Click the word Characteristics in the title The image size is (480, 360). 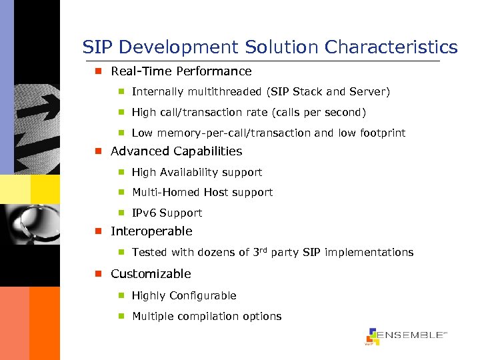point(391,47)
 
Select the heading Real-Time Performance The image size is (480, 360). point(181,71)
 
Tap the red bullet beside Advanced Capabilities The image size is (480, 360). point(97,151)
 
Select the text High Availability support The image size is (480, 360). point(197,173)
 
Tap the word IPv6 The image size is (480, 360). point(144,213)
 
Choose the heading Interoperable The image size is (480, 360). point(151,231)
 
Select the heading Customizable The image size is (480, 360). point(150,274)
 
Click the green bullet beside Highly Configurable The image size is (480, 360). point(122,295)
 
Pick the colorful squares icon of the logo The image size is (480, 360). point(373,337)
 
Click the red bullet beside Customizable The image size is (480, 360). point(97,274)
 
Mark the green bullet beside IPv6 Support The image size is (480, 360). point(122,213)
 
